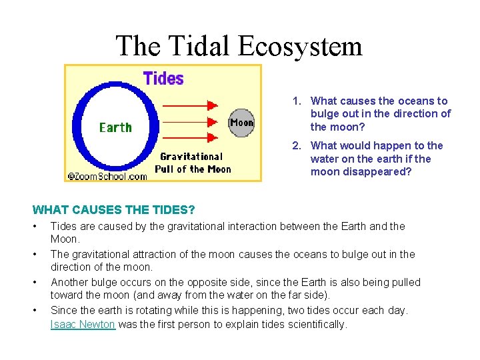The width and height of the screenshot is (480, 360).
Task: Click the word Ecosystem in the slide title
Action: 299,47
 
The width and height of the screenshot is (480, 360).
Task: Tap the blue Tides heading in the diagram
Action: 163,79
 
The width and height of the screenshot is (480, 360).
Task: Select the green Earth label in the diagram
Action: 115,127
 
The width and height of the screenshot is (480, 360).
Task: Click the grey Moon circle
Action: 241,123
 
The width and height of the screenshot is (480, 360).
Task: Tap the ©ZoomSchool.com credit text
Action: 107,176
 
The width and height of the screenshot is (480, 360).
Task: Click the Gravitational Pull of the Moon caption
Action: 192,163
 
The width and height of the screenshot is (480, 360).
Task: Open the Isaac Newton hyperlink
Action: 83,325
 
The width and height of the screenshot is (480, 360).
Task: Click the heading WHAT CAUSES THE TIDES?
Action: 105,210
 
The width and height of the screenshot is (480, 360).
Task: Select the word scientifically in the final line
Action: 314,325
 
